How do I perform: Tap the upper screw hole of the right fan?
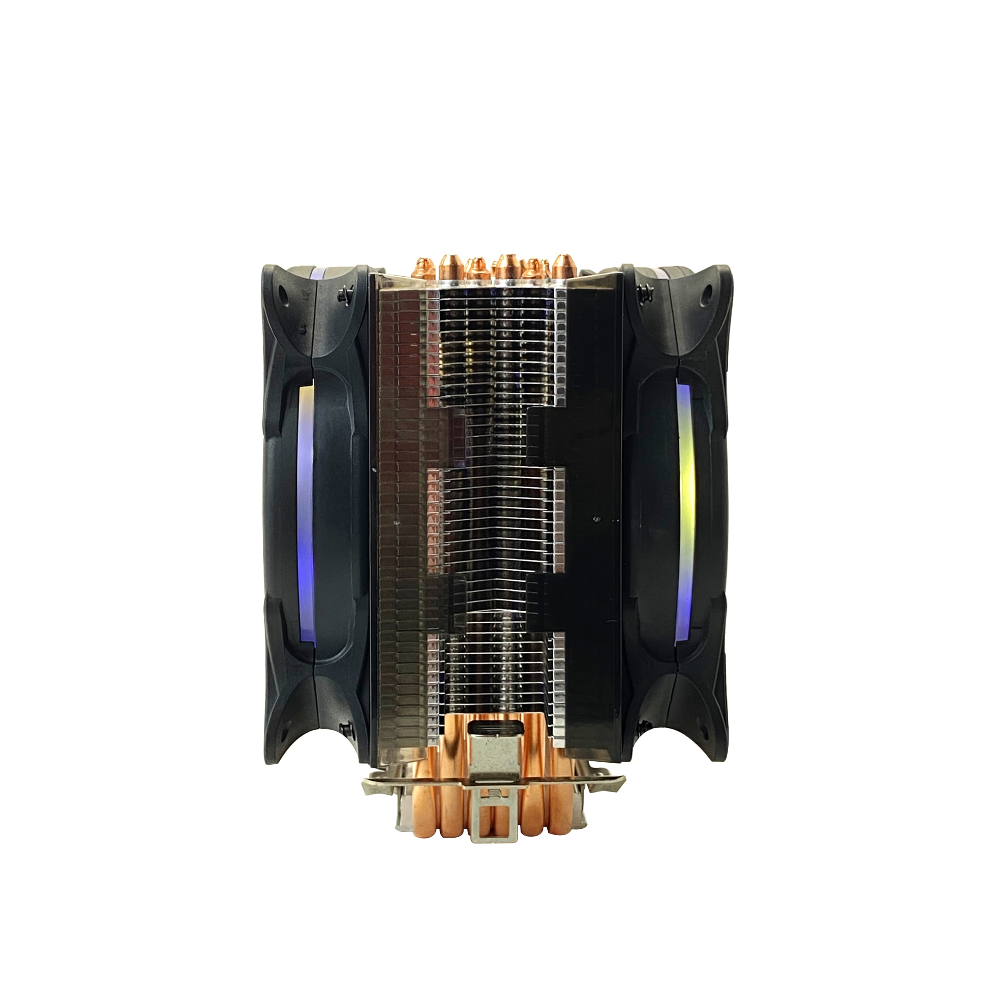(x=708, y=292)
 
